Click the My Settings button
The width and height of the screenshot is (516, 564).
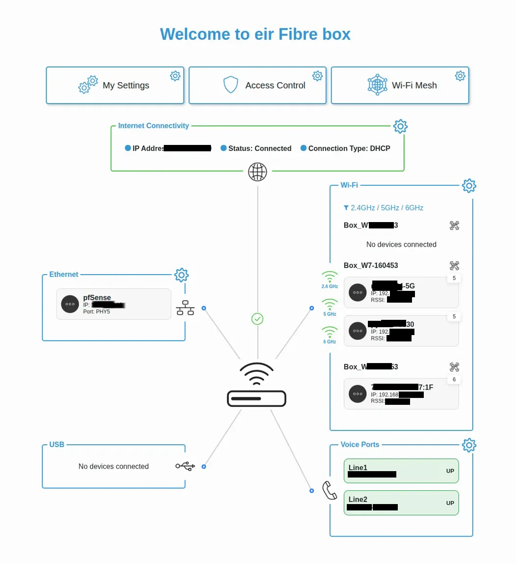115,85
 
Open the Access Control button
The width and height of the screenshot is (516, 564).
258,85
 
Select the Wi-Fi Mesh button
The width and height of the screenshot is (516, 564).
400,85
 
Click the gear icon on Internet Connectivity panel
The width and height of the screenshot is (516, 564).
400,126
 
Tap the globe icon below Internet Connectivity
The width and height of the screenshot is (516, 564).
258,172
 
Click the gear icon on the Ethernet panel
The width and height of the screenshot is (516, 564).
181,275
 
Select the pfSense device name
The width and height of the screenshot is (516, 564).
97,297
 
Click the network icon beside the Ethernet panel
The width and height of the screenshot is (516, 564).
185,308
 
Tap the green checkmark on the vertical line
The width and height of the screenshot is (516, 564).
258,319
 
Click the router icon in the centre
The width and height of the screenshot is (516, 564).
257,386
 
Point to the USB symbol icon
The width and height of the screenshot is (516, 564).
185,466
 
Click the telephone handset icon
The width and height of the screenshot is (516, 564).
329,490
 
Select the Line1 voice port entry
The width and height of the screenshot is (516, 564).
401,471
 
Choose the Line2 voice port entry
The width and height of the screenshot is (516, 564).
401,503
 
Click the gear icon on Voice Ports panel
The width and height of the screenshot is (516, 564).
469,445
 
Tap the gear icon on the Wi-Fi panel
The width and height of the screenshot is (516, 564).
469,186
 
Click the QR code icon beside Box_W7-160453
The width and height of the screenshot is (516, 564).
455,266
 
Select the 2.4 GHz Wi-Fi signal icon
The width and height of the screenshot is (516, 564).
330,278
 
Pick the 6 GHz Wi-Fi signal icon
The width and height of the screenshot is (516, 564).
330,333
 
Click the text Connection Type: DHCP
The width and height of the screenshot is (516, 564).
349,148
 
